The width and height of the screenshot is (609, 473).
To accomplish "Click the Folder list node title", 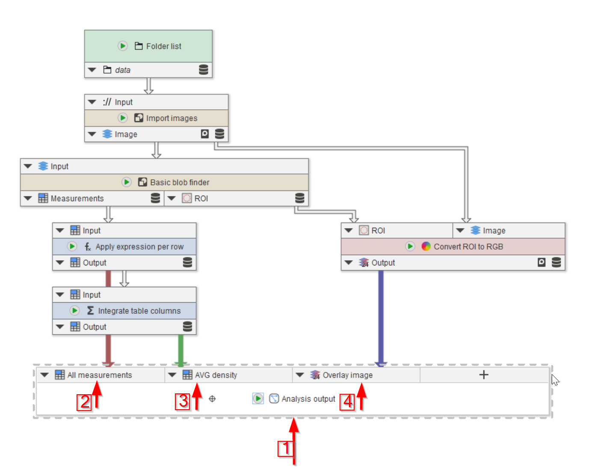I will tap(163, 46).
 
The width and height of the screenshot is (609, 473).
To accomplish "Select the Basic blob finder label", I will tap(180, 182).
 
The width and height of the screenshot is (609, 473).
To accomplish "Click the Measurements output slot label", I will tap(77, 199).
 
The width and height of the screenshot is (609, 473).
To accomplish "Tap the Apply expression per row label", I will tap(139, 247).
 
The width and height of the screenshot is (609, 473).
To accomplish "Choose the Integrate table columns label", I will tap(139, 311).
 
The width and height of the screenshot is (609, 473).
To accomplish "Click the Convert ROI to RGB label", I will tap(468, 247).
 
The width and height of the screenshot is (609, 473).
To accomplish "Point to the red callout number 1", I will tap(285, 448).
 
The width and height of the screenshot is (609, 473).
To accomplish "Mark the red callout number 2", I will tap(84, 402).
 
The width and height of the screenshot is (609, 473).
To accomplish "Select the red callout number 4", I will tap(347, 402).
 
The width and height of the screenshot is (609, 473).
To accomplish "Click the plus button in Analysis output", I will tap(484, 375).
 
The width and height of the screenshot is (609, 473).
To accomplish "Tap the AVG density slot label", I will tap(216, 375).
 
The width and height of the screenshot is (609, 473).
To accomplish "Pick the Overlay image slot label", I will tap(347, 375).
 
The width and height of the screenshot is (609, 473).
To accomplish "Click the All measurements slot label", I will tap(100, 375).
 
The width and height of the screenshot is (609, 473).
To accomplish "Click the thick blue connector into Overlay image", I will tap(381, 317).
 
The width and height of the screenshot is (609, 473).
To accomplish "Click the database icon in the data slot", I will tap(204, 70).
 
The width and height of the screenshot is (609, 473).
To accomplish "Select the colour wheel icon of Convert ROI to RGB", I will tap(426, 247).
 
